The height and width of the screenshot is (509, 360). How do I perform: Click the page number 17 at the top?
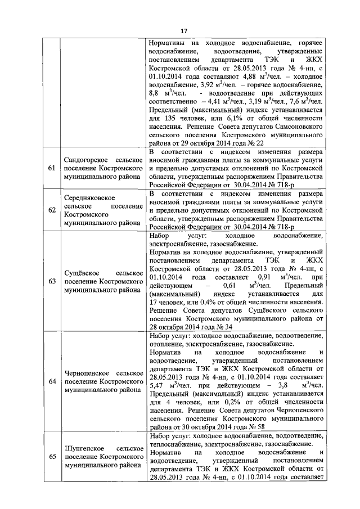coord(183,31)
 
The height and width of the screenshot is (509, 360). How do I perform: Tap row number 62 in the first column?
coord(52,210)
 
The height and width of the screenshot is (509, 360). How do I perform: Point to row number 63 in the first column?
coord(52,281)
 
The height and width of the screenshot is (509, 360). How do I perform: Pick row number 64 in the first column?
coord(52,382)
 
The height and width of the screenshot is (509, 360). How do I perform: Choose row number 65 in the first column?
coord(52,456)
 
